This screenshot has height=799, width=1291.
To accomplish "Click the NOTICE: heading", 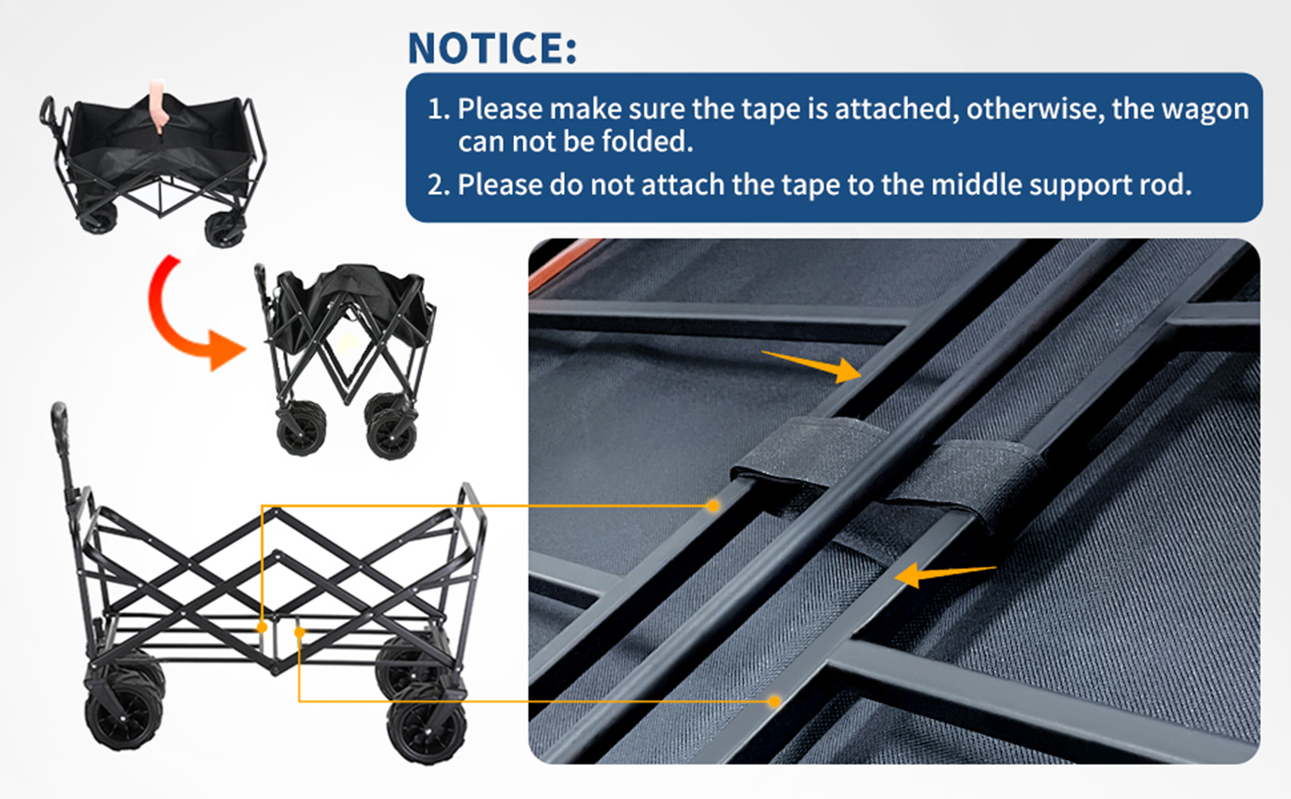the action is click(x=492, y=48).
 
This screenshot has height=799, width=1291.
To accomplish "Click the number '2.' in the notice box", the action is click(x=438, y=185).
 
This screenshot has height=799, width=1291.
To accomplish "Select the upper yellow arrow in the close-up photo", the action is click(x=812, y=366).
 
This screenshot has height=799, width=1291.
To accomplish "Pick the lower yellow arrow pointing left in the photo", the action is click(x=945, y=575).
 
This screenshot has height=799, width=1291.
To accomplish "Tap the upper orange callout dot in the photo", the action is click(x=713, y=506).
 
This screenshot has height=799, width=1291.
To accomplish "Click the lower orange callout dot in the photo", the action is click(x=774, y=702).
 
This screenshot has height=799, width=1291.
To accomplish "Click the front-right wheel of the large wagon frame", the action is click(x=427, y=732).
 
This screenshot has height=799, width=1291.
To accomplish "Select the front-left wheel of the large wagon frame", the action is click(x=124, y=715).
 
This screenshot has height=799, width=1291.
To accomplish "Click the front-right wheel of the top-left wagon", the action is click(x=224, y=229).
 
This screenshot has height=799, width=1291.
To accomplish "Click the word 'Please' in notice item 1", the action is click(x=500, y=110).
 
